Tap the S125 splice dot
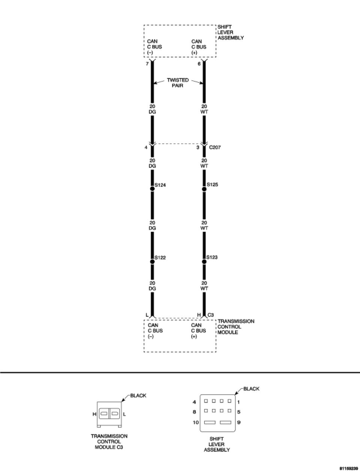point(204,189)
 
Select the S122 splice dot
point(152,261)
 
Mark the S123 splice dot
point(204,261)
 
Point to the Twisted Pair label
point(178,83)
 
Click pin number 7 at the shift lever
point(147,64)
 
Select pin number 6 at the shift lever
point(199,64)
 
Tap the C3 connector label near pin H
point(211,315)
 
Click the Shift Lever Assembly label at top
point(230,33)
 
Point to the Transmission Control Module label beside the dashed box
point(236,327)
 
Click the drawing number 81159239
point(348,469)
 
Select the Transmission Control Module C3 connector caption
point(109,442)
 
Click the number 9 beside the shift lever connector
point(238,422)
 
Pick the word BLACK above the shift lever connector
point(251,389)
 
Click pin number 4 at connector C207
point(146,147)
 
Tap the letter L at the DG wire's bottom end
point(147,315)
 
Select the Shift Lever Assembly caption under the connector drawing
point(217,444)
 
